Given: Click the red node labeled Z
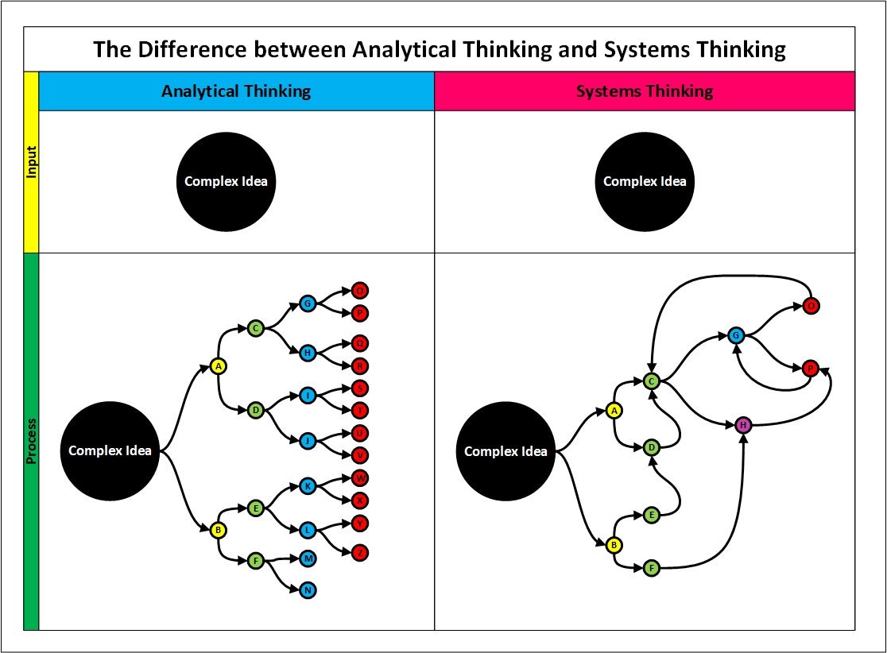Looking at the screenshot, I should pyautogui.click(x=359, y=552).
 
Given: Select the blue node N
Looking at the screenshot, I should pyautogui.click(x=308, y=590).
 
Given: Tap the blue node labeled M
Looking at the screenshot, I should pyautogui.click(x=308, y=558).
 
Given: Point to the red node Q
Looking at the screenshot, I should pyautogui.click(x=359, y=344).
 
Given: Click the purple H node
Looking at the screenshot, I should pyautogui.click(x=743, y=425).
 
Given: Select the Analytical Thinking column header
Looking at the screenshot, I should pyautogui.click(x=236, y=91).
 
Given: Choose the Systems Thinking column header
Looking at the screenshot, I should pyautogui.click(x=645, y=91).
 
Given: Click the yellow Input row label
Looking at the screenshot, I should pyautogui.click(x=31, y=162).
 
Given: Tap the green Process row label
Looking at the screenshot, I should pyautogui.click(x=31, y=442).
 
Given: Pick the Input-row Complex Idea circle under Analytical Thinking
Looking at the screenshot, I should pyautogui.click(x=226, y=181).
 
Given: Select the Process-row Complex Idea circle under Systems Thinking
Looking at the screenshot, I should pyautogui.click(x=505, y=451).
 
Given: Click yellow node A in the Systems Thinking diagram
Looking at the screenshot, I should pyautogui.click(x=614, y=410).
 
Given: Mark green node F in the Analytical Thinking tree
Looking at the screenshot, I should pyautogui.click(x=256, y=561).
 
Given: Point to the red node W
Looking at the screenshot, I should pyautogui.click(x=359, y=478).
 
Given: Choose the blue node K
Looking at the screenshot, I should pyautogui.click(x=308, y=485).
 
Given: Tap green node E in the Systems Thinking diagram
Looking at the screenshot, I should pyautogui.click(x=652, y=514).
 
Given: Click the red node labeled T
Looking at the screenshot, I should pyautogui.click(x=359, y=410).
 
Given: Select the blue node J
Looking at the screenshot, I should pyautogui.click(x=308, y=439).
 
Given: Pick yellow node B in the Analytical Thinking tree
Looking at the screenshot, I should pyautogui.click(x=219, y=530).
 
